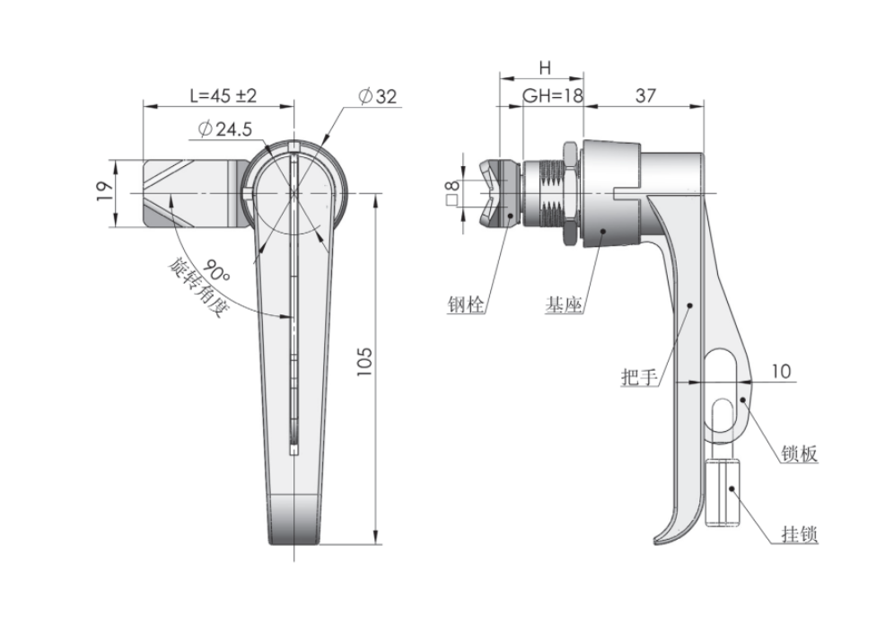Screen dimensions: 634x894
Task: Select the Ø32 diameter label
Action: [377, 97]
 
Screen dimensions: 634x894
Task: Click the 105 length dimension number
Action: [364, 362]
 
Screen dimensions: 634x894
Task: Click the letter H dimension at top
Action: [544, 68]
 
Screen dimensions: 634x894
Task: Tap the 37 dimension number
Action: [644, 96]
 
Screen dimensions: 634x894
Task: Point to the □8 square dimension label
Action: [453, 192]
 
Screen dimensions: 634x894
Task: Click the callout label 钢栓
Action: [466, 305]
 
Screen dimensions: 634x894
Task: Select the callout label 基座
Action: [564, 305]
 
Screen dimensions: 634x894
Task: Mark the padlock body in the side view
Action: [725, 494]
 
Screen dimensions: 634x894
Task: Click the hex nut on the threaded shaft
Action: [569, 192]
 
